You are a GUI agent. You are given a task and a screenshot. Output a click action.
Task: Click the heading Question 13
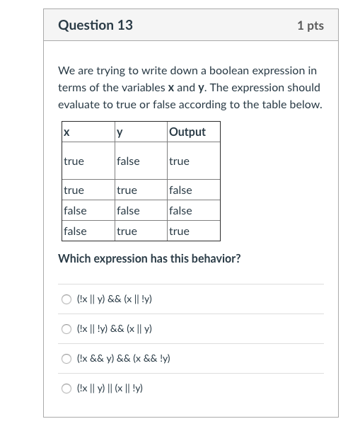(95, 25)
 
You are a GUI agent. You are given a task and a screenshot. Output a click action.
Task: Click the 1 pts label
(310, 25)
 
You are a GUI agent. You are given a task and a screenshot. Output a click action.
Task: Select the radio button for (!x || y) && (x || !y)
(66, 299)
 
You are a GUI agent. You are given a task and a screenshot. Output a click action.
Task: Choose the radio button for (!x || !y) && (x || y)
(66, 329)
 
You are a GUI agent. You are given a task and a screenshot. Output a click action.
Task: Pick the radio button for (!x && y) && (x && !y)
(66, 359)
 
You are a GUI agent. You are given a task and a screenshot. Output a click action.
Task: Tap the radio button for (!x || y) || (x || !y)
(66, 389)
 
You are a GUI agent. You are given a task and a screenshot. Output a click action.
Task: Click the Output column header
(187, 132)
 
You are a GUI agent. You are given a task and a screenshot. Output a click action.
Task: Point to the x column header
(66, 132)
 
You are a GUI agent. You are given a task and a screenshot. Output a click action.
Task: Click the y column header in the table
(120, 132)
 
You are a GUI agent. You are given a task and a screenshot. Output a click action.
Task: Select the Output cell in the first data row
(180, 161)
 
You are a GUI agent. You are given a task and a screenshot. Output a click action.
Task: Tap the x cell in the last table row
(75, 231)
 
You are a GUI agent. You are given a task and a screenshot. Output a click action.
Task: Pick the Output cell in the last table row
(180, 231)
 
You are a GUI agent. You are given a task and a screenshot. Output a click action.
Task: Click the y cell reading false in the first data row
(128, 161)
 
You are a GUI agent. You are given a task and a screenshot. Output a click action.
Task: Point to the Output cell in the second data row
(181, 190)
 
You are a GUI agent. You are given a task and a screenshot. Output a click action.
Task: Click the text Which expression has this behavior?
(149, 258)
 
